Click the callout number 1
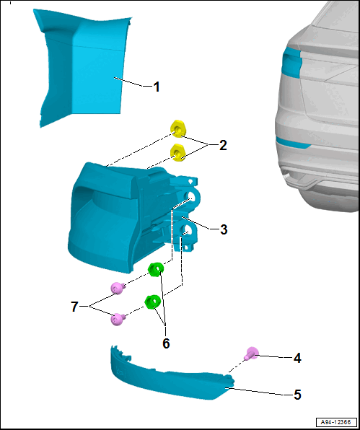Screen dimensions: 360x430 coord(156,87)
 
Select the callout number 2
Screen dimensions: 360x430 coord(223,146)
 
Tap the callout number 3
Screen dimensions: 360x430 coord(224,229)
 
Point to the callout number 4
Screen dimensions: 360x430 coord(297,358)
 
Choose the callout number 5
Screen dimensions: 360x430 coord(297,395)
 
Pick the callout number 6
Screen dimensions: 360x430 coord(166,343)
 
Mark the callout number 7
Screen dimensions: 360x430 coord(74,307)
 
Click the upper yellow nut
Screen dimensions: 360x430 coord(177,129)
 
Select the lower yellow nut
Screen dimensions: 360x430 coord(177,153)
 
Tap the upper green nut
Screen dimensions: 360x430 coord(156,269)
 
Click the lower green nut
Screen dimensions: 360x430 coord(152,302)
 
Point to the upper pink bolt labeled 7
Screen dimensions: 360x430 coord(118,288)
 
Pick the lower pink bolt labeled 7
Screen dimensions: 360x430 coord(118,319)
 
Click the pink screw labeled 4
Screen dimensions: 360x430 coord(252,354)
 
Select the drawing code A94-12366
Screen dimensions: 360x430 coord(337,421)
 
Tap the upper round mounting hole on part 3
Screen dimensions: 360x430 coord(191,197)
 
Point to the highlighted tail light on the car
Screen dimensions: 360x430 coord(291,62)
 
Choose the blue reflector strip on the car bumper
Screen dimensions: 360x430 coord(292,143)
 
